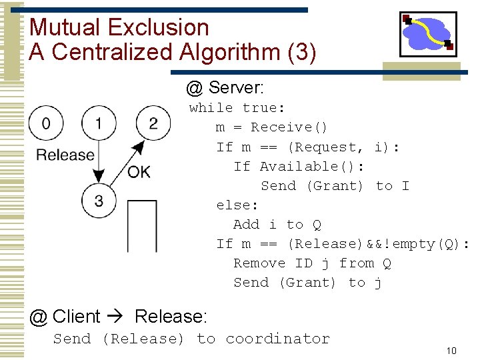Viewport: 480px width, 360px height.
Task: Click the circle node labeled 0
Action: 45,123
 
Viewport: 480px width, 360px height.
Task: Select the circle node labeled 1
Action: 99,123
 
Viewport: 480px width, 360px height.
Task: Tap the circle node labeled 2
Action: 153,123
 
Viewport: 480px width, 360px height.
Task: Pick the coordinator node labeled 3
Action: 99,201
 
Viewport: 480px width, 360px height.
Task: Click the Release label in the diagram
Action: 65,155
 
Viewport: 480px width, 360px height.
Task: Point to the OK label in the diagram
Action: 139,172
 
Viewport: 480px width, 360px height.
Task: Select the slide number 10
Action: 451,351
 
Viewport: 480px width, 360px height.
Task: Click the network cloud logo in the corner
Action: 427,33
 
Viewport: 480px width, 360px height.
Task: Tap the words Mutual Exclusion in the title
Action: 119,27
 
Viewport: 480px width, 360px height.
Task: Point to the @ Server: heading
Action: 225,87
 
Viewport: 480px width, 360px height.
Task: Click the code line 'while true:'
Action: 237,108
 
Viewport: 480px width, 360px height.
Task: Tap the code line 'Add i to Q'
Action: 277,225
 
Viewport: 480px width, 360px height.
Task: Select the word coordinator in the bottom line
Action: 277,339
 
